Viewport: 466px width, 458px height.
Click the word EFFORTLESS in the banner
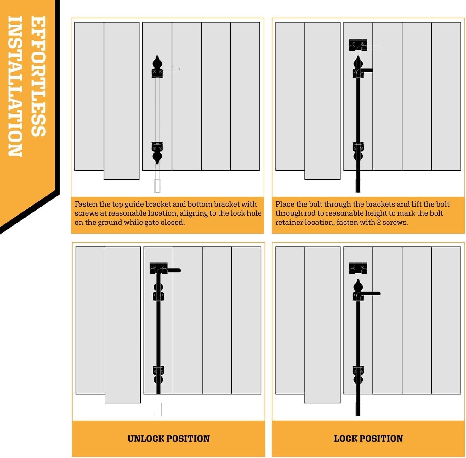pos(38,76)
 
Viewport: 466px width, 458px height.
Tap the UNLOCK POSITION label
pos(168,439)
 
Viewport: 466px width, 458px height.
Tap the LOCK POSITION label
pos(368,439)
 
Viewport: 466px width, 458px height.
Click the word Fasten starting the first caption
pos(86,204)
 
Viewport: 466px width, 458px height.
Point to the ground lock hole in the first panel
pos(157,186)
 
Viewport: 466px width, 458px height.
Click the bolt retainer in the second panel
pos(358,45)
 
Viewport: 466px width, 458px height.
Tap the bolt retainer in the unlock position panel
pos(158,268)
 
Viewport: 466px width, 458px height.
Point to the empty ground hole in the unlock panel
pos(158,409)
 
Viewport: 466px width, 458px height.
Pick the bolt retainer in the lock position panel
pos(358,268)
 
